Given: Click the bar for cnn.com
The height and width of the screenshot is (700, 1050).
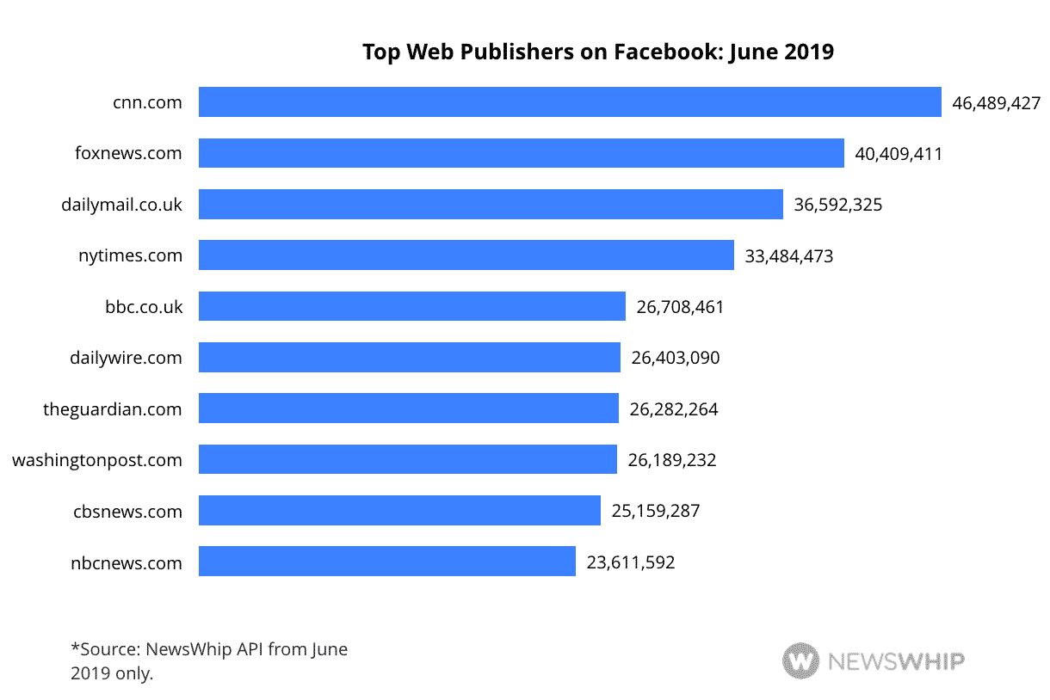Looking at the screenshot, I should [570, 102].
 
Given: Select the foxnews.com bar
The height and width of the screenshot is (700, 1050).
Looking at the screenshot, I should [521, 154].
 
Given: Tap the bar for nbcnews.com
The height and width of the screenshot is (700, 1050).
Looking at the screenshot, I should [386, 562].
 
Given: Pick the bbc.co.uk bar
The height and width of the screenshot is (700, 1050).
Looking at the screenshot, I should [411, 307].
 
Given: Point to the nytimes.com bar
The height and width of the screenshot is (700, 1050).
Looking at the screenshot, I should [466, 255].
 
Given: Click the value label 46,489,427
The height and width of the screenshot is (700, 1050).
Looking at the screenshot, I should [996, 104].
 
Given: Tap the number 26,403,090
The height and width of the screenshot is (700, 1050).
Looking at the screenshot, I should [676, 358].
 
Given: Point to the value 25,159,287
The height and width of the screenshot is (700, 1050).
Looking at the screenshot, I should [656, 511].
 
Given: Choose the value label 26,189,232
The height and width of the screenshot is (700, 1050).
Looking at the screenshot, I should [672, 460].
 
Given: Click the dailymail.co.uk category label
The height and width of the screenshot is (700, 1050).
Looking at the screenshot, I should [121, 206].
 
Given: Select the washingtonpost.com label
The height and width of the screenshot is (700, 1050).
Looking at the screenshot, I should [97, 460].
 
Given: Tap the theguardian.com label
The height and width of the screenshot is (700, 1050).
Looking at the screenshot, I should [113, 409].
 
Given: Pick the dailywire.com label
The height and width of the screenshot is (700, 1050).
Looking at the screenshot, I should [126, 358].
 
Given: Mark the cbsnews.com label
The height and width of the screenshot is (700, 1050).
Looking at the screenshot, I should [127, 512].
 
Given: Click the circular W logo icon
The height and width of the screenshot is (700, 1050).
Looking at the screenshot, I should [800, 661].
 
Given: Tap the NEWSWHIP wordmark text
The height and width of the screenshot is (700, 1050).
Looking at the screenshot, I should [896, 661].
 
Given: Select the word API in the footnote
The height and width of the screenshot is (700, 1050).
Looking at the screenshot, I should [250, 649].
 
